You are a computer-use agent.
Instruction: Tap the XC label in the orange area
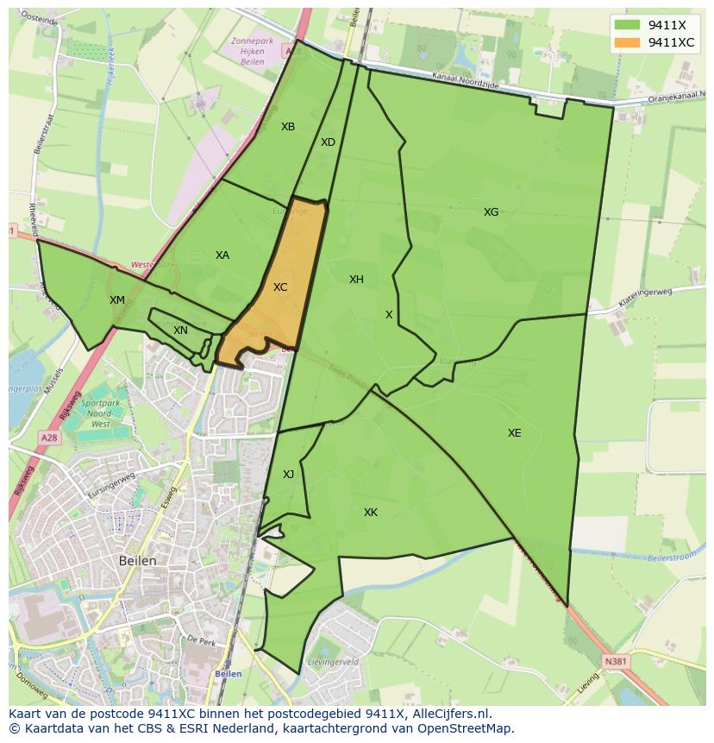pos(280,287)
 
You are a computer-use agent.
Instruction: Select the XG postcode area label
pos(491,212)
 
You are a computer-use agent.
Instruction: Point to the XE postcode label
pos(514,433)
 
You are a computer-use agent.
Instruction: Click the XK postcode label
pos(370,513)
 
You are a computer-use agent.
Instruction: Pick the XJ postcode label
pos(288,475)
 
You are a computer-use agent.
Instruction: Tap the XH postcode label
pos(356,280)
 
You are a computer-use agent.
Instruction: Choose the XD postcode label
pos(328,142)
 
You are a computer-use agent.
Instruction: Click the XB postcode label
pos(288,127)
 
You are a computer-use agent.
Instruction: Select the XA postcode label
pos(222,255)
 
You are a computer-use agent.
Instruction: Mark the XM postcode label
pos(117,300)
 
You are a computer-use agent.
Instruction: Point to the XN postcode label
pos(180,331)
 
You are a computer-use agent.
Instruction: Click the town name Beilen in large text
pos(138,561)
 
